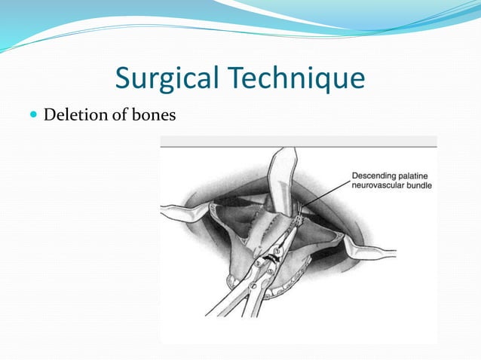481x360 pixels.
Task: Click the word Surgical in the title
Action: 167,78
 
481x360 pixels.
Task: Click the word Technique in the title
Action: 296,78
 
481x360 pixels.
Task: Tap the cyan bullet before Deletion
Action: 33,114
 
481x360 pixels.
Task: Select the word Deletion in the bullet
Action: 76,114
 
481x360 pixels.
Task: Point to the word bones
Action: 154,114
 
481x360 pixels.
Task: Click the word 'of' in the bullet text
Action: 121,114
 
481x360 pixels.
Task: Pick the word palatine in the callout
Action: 412,176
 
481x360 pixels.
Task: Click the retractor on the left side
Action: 184,212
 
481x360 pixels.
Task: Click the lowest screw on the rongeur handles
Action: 253,285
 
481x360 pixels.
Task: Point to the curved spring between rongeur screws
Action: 270,258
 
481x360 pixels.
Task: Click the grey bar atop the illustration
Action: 299,142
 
